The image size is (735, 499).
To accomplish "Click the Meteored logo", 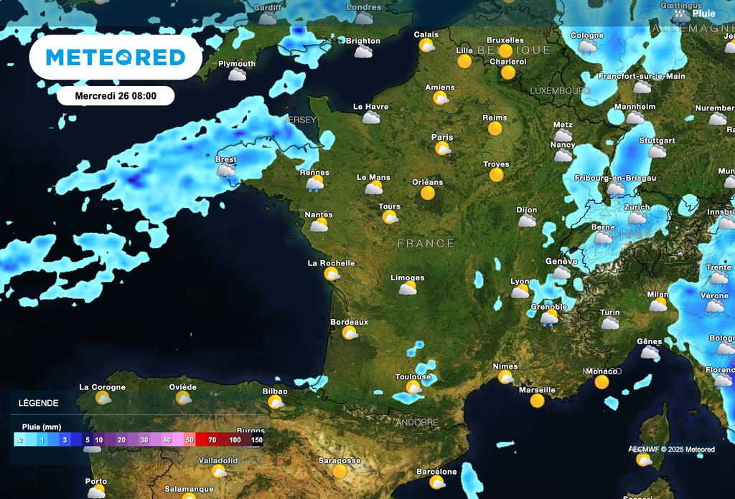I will [x=116, y=57].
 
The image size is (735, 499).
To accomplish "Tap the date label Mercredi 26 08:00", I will [x=116, y=95].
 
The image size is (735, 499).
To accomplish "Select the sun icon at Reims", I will [x=495, y=128].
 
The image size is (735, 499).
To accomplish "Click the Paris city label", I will [x=442, y=137].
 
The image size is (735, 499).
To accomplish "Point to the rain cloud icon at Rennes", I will [x=314, y=184].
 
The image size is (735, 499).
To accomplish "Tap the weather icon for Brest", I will [x=226, y=171].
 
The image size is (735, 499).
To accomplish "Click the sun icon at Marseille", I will [x=537, y=401].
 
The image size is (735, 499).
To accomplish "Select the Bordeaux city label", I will [x=349, y=322].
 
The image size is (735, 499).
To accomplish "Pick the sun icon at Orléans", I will [x=428, y=193].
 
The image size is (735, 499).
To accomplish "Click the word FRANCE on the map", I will [x=426, y=244].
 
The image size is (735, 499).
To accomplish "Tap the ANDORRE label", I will [x=417, y=422].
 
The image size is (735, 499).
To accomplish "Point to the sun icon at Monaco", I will [x=601, y=382].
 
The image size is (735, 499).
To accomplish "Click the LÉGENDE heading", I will [x=39, y=404].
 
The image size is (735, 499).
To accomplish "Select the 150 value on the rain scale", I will [x=256, y=439].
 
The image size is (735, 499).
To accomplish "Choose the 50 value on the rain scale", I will [x=189, y=439].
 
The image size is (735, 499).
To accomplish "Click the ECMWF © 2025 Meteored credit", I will [x=672, y=450].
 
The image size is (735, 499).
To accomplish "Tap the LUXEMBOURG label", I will [x=560, y=91].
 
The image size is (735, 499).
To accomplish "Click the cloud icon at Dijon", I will [x=527, y=221].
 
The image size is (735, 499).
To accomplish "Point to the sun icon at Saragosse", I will [x=340, y=472].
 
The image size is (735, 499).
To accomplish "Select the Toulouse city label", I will [x=413, y=377].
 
